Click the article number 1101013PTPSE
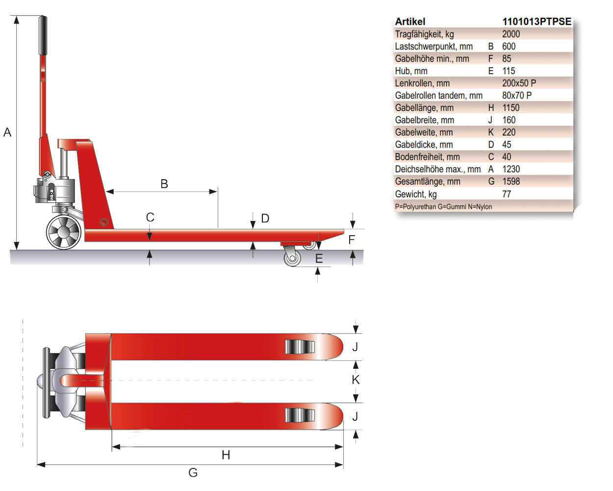(x=536, y=22)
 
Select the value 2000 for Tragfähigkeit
(x=511, y=34)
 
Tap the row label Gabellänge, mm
(x=424, y=108)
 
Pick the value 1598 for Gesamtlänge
(x=511, y=181)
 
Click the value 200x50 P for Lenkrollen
(x=519, y=83)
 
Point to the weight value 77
(x=507, y=194)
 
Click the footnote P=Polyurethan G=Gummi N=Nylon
(x=443, y=207)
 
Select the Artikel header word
(x=410, y=22)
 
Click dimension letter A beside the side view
(x=7, y=132)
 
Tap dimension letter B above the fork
(x=164, y=184)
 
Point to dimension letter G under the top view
(x=193, y=472)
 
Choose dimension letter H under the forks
(x=226, y=455)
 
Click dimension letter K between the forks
(x=356, y=380)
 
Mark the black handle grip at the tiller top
(x=43, y=35)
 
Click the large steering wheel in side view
(x=64, y=232)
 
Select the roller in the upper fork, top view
(x=300, y=347)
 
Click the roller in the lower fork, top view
(x=300, y=415)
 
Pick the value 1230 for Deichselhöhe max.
(x=511, y=169)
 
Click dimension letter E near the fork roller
(x=319, y=258)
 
